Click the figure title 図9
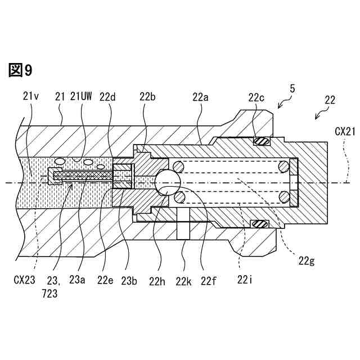click(x=21, y=70)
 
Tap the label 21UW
click(x=81, y=97)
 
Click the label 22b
click(x=148, y=97)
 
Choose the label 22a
click(x=200, y=97)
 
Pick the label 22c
click(x=257, y=97)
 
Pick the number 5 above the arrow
click(x=291, y=89)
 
